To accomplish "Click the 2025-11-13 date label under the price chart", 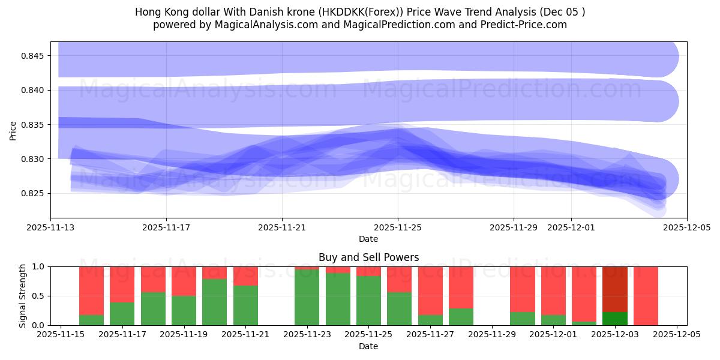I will click(x=50, y=228).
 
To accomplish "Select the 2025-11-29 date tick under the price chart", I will click(x=514, y=228).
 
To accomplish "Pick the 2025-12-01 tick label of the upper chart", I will click(x=571, y=228).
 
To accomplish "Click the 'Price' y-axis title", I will click(x=13, y=130).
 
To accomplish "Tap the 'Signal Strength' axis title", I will click(x=22, y=296).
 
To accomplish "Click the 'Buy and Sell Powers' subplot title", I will click(x=368, y=257).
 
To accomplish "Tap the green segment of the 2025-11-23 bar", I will click(x=307, y=297).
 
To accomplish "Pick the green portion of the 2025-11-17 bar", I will click(x=122, y=314).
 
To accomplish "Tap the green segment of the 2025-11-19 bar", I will click(x=184, y=310).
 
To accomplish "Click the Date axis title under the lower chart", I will click(x=368, y=346).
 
